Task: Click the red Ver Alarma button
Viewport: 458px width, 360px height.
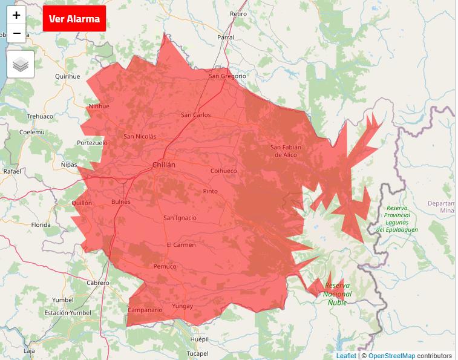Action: [x=74, y=19]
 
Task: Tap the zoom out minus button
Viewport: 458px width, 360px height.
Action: [x=16, y=33]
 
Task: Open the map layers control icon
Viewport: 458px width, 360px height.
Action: [x=21, y=64]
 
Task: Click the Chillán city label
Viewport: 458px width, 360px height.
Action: [x=164, y=165]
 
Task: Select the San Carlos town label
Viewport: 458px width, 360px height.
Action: [x=196, y=115]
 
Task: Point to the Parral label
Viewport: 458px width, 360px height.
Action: [x=226, y=37]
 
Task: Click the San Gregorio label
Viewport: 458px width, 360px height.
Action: [x=227, y=76]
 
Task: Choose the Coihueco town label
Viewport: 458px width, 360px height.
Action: [x=223, y=171]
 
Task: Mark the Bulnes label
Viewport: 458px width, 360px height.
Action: [x=121, y=202]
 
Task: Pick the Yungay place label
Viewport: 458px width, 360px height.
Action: [x=183, y=306]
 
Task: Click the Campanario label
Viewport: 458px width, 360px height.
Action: [x=145, y=310]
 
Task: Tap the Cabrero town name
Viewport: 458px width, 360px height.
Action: [x=98, y=283]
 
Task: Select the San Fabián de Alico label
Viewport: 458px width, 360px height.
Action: [x=286, y=151]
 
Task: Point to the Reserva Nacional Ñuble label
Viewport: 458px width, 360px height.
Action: [x=338, y=293]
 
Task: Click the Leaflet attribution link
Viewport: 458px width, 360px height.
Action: [x=346, y=356]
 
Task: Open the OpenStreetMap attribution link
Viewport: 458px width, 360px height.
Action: [x=391, y=356]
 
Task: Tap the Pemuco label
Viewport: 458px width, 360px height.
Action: [x=165, y=266]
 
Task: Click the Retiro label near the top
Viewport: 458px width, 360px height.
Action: [x=238, y=13]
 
